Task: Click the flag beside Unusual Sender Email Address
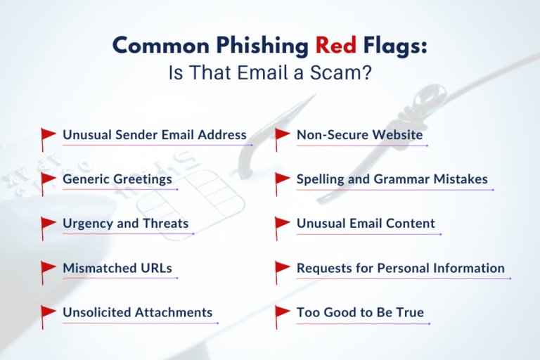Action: pos(49,135)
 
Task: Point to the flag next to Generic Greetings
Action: pos(49,180)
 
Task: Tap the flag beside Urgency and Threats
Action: pos(49,224)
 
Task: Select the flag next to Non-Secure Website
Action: pos(283,135)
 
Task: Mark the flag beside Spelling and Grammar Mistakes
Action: pos(283,180)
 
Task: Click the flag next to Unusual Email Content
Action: pos(283,224)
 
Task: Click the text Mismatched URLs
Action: pos(117,268)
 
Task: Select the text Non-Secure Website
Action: pos(360,134)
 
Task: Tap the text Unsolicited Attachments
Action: pos(138,312)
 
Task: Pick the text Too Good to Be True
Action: pos(360,312)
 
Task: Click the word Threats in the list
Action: pos(166,224)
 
